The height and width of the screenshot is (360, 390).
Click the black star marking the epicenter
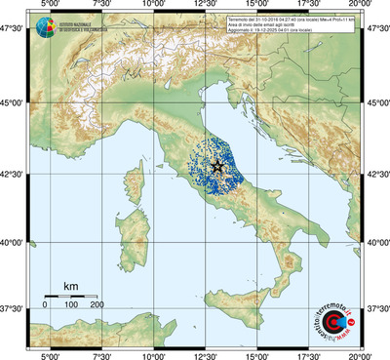coord(216,168)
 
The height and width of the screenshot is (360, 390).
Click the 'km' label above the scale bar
coord(70,285)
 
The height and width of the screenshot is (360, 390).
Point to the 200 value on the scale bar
coord(97,305)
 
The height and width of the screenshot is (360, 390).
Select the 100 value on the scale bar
coord(71,305)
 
